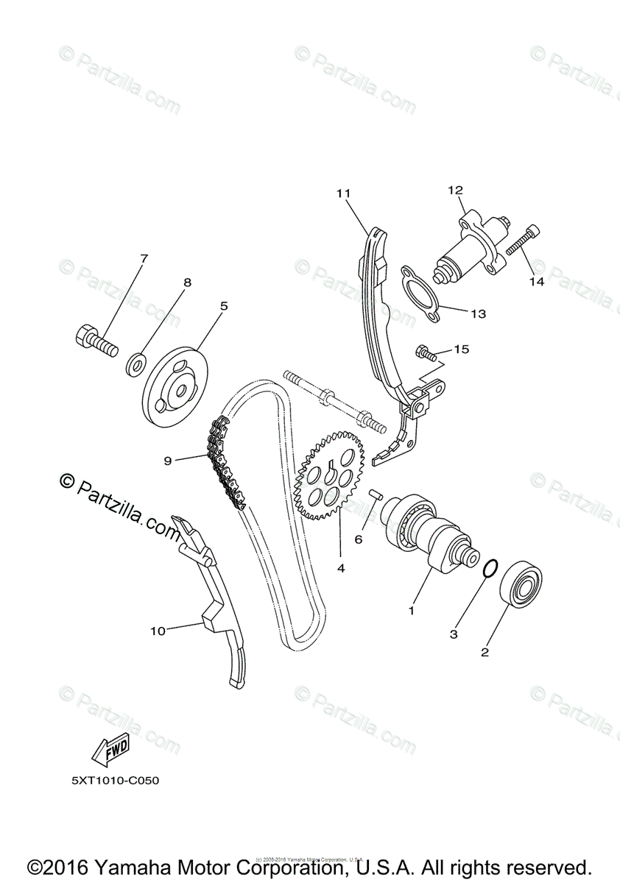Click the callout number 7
(144, 259)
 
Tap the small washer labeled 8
(136, 362)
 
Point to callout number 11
(342, 194)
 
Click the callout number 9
(168, 461)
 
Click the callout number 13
(479, 313)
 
